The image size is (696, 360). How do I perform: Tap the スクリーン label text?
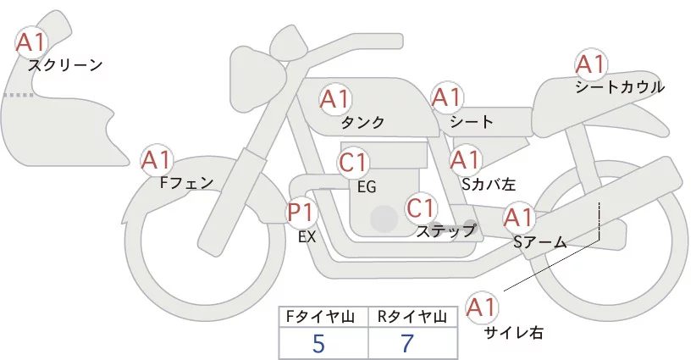click(65, 64)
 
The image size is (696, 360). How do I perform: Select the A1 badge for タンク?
click(335, 99)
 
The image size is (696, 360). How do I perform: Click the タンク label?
click(363, 123)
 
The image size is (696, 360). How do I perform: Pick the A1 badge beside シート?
click(446, 98)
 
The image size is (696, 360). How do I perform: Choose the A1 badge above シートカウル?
click(590, 64)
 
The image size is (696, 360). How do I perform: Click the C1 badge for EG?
click(353, 162)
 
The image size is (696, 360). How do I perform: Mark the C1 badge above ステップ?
click(421, 208)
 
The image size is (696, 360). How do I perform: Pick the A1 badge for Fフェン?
click(157, 158)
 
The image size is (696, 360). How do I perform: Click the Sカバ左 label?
click(483, 182)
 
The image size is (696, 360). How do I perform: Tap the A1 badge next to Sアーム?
click(519, 218)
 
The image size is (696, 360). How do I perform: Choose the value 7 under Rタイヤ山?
click(409, 344)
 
